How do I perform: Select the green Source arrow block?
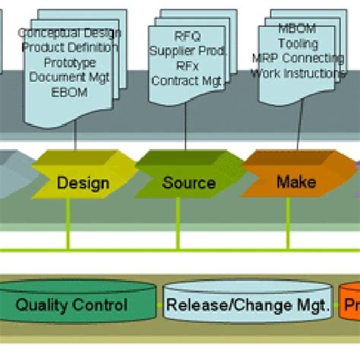coord(188,182)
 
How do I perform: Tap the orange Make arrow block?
coord(295,182)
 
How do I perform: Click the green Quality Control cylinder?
coord(72,306)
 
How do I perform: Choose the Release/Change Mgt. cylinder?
coord(248,306)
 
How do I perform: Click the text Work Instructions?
coord(299,73)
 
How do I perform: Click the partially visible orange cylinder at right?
coord(350,306)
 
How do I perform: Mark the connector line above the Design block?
coord(76,137)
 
